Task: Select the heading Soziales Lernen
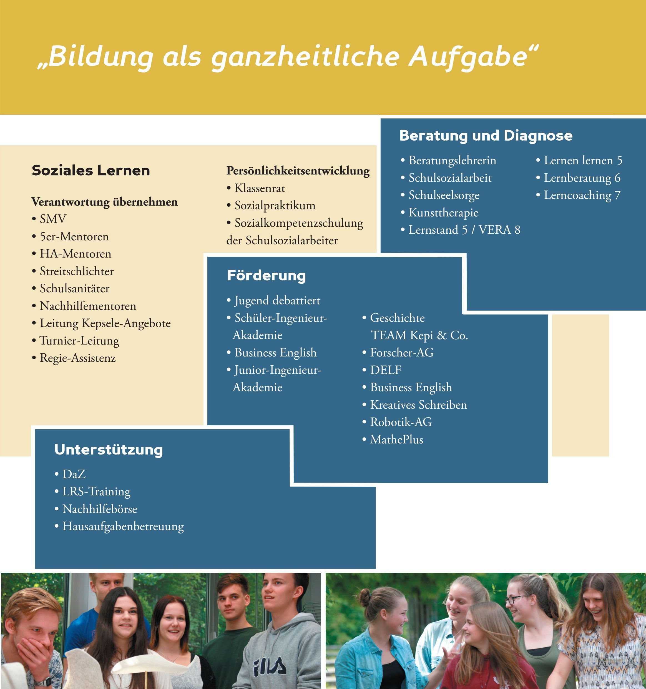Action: coord(91,171)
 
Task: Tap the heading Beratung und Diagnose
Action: coord(486,136)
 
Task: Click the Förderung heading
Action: coord(266,276)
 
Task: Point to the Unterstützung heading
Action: coord(109,450)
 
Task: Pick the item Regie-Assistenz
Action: coord(77,358)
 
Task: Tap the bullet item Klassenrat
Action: coord(260,188)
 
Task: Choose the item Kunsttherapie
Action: coord(443,213)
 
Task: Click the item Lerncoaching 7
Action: coord(582,195)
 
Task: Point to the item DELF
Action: coord(386,370)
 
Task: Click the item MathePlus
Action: coord(397,440)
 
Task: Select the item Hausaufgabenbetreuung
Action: coord(123,526)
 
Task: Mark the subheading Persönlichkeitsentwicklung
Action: coord(298,171)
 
